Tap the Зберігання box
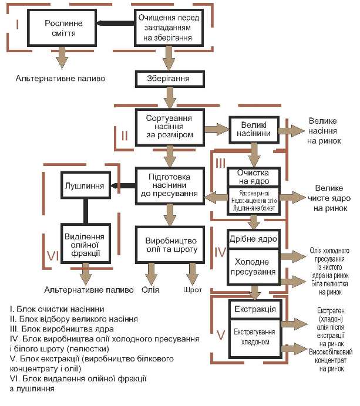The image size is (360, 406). [169, 78]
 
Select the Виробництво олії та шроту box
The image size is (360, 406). [169, 244]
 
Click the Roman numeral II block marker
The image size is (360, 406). [125, 136]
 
